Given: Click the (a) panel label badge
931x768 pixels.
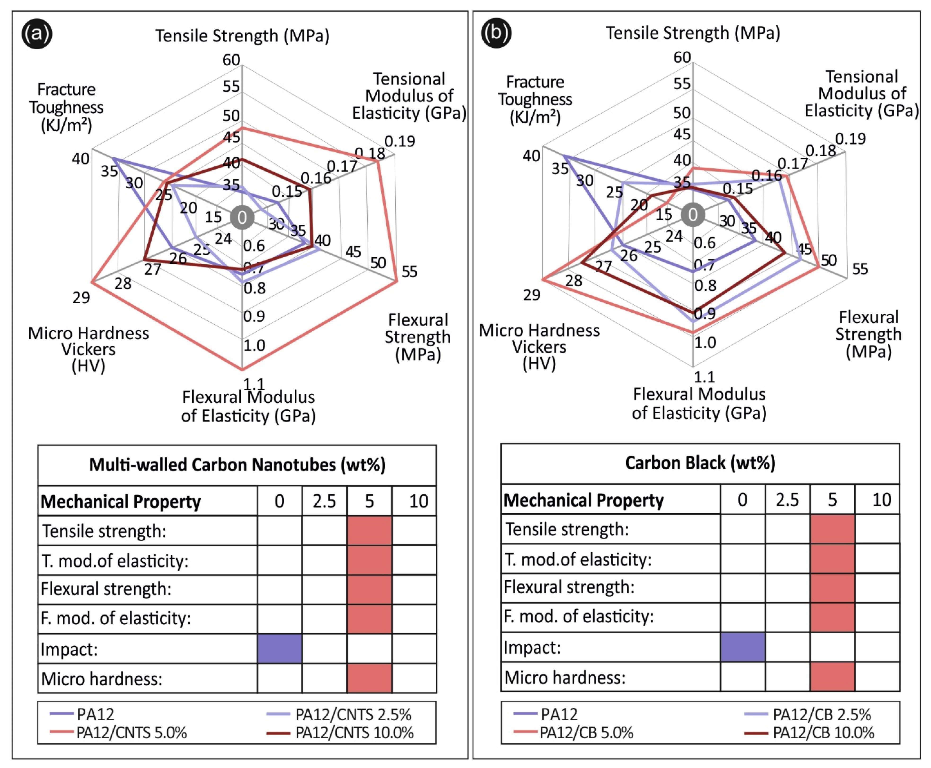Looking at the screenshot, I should coord(37,34).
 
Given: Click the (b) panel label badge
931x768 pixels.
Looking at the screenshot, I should coord(496,32).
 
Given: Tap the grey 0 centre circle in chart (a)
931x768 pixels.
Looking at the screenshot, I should coord(242,217).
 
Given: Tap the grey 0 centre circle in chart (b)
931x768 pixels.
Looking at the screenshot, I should coord(693,215).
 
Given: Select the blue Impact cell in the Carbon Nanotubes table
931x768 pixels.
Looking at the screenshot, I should coord(279,648).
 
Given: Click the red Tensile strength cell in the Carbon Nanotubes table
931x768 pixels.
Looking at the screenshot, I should coord(369,530).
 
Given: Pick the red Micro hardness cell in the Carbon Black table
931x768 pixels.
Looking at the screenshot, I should coord(832,676).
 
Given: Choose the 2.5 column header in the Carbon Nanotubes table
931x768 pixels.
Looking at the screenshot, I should coord(324,501).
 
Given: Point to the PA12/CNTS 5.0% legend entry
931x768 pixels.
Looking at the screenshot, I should coord(131,732).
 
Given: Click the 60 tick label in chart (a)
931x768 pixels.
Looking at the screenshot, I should coord(231,60).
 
